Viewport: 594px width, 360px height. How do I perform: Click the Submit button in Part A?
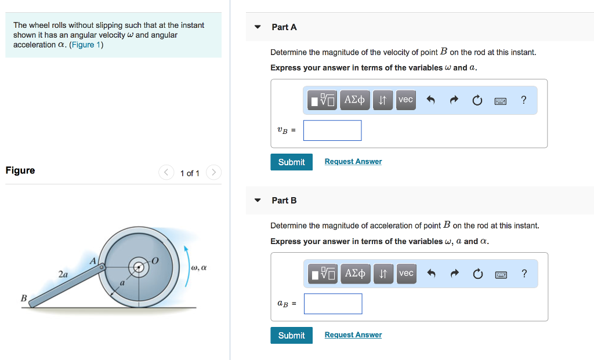291,162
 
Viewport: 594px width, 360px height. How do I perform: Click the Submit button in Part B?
291,336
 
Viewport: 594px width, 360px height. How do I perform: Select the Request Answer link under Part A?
353,162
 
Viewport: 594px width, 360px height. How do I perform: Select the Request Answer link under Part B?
353,335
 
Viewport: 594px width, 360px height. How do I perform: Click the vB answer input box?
332,130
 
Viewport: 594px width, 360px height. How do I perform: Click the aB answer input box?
333,304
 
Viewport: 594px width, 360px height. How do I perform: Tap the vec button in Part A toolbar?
406,100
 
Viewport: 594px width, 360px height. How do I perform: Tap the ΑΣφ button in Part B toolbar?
355,274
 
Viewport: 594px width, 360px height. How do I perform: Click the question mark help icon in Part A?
524,100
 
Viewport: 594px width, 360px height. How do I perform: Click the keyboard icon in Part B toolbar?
501,274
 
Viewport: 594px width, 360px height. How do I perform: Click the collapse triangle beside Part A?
258,27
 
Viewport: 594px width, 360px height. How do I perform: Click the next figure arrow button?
213,173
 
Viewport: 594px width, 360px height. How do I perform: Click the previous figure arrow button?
166,173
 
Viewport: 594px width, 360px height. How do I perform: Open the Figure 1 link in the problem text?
85,45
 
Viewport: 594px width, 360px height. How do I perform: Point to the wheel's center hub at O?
139,267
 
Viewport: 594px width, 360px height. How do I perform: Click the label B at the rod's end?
24,298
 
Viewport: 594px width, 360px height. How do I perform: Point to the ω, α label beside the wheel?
198,268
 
